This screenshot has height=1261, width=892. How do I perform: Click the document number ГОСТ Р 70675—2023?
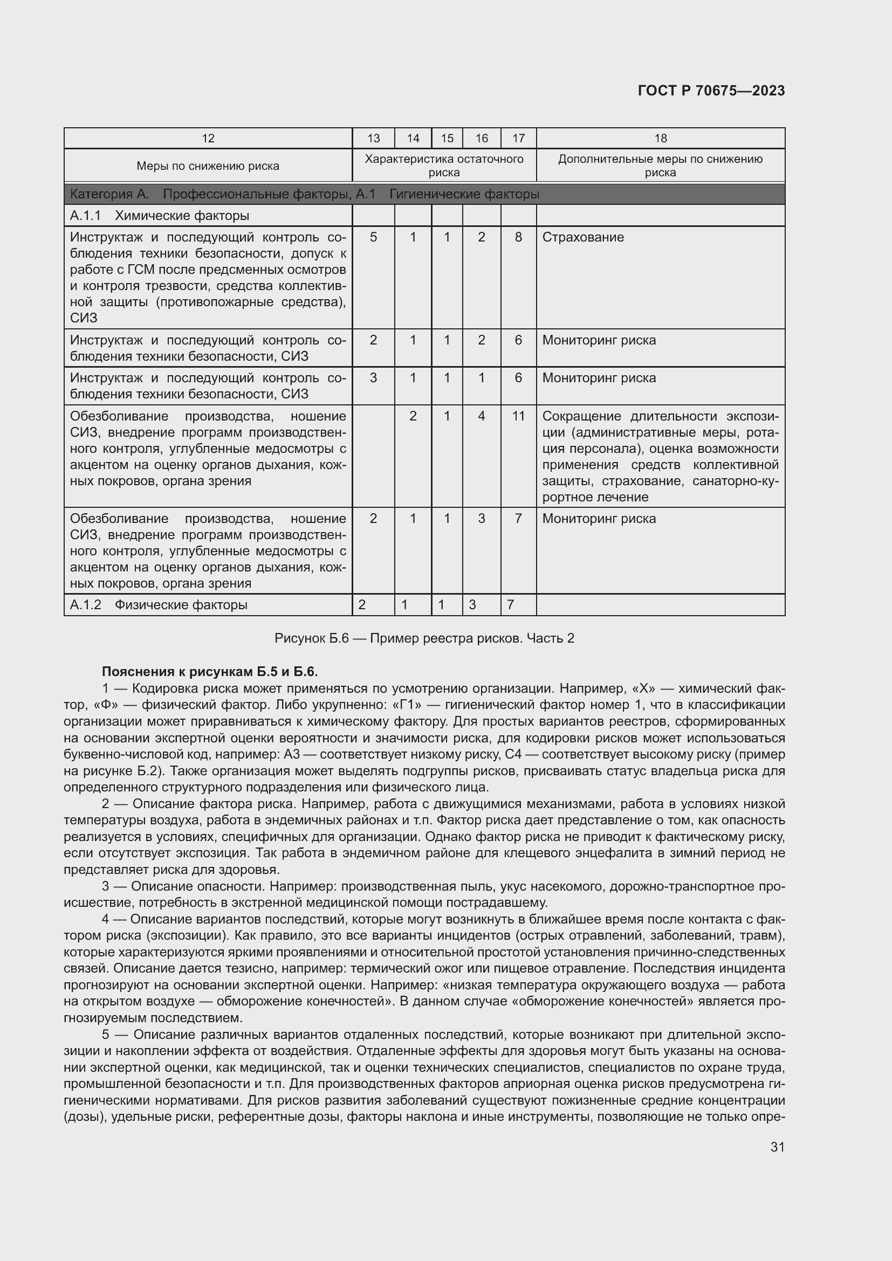click(x=711, y=91)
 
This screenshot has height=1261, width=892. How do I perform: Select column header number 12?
click(x=208, y=139)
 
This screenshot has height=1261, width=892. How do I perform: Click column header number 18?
click(x=660, y=139)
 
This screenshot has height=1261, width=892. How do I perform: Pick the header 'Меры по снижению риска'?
click(x=208, y=166)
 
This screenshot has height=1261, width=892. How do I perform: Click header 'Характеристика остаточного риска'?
click(x=444, y=166)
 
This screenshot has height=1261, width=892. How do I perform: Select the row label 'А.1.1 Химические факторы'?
click(x=159, y=216)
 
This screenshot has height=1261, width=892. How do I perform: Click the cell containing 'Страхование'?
click(x=583, y=237)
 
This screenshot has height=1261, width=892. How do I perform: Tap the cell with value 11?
click(x=518, y=416)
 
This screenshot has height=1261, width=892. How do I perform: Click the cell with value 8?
click(x=518, y=237)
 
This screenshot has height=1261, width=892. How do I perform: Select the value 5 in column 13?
click(x=373, y=237)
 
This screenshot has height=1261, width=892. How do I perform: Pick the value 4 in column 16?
click(x=481, y=416)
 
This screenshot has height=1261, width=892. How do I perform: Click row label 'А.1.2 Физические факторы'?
click(x=158, y=605)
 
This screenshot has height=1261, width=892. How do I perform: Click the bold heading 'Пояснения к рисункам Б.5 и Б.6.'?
click(x=210, y=672)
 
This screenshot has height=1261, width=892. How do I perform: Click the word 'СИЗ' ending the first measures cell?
click(x=84, y=318)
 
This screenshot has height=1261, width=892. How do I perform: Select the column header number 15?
click(x=447, y=139)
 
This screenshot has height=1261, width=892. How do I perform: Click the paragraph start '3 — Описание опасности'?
click(x=181, y=886)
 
